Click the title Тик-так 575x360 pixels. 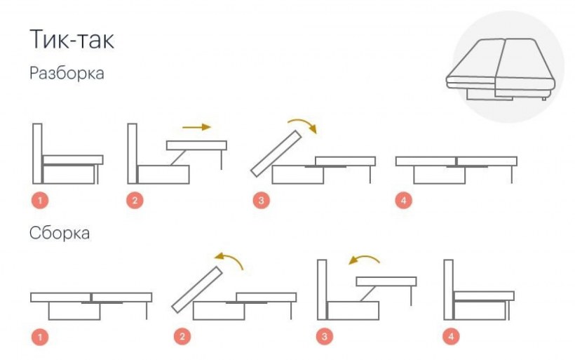72,39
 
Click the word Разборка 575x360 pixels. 67,73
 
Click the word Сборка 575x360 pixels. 60,233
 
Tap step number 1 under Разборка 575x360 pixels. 40,201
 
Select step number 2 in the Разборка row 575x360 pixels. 135,201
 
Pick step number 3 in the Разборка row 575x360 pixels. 261,201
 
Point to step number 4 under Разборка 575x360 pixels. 403,201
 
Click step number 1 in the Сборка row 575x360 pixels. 40,337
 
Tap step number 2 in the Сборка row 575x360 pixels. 182,337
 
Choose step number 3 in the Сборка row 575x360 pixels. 324,336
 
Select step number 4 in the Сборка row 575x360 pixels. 451,336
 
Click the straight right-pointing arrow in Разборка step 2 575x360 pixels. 196,127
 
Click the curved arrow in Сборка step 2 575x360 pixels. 228,257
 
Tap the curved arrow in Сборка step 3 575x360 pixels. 365,257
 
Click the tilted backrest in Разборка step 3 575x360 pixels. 276,154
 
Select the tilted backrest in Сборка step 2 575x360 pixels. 197,290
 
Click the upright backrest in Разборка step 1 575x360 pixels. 37,154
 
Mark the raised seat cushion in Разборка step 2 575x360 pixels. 196,145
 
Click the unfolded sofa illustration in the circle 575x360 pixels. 501,69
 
